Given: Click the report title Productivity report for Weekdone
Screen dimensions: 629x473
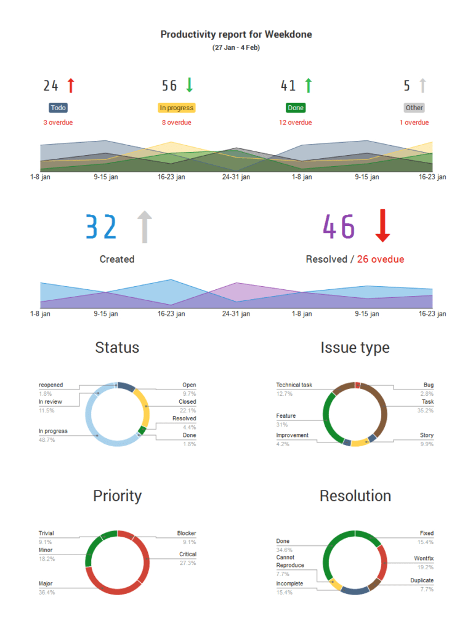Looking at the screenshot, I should (236, 34).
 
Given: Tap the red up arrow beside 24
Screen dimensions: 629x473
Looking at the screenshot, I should (70, 85).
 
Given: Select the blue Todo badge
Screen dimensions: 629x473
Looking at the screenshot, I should (58, 108).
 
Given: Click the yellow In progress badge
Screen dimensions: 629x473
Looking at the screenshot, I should (176, 108).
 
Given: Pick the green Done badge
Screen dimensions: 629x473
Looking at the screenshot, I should (296, 108).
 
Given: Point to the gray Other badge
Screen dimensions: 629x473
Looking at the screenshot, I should (414, 108).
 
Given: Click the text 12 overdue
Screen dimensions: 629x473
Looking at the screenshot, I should (295, 122).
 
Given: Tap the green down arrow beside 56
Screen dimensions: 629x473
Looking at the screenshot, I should (190, 85).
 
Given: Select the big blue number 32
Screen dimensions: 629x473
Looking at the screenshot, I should (101, 227).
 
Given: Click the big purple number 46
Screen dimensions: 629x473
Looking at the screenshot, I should (339, 227).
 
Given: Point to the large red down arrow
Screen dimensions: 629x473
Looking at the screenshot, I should (382, 225).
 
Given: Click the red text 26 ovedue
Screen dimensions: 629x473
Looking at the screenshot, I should (381, 259).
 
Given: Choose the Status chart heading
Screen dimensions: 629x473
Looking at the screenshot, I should (117, 348).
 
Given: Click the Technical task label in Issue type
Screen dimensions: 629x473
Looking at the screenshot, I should (294, 385).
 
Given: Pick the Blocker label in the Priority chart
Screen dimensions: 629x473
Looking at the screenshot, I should (186, 534).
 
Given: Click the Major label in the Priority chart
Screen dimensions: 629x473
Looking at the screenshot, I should (46, 583).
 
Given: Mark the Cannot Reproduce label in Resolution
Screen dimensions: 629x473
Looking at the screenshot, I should (289, 561).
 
